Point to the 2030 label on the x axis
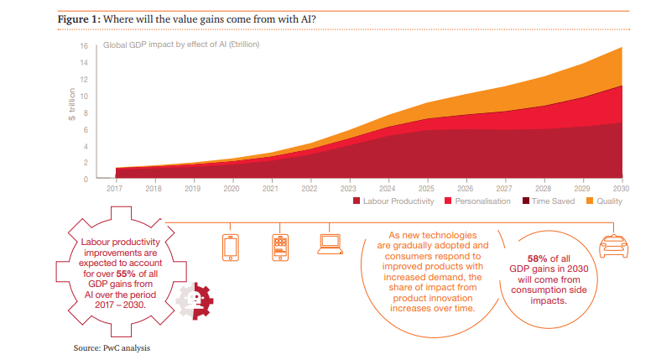[622, 190]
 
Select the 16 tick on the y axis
[85, 46]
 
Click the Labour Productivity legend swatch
[357, 202]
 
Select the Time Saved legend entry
[549, 202]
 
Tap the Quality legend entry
[605, 202]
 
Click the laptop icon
[328, 244]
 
